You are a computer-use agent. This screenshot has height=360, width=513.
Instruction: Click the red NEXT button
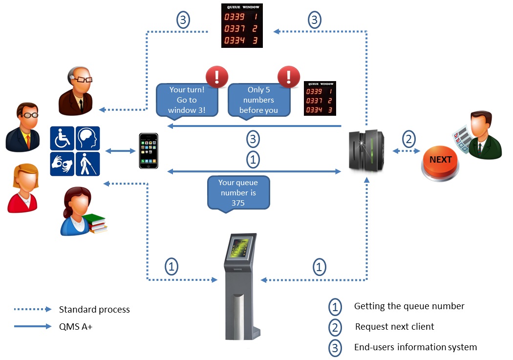click(x=440, y=160)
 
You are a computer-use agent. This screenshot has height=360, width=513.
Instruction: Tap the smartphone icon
click(x=148, y=151)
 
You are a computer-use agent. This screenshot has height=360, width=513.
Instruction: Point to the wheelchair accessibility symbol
click(x=62, y=138)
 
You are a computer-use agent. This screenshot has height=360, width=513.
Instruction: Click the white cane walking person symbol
click(x=88, y=164)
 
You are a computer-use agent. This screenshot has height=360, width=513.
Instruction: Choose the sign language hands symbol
click(x=62, y=164)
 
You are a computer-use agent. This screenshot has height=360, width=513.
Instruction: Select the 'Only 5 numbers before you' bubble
click(x=258, y=100)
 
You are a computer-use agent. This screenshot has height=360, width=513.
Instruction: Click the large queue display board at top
click(x=242, y=26)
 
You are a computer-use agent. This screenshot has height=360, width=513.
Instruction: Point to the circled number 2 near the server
click(x=409, y=139)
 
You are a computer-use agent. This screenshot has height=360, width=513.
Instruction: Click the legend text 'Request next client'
click(x=394, y=327)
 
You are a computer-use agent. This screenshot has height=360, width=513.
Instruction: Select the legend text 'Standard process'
click(x=94, y=310)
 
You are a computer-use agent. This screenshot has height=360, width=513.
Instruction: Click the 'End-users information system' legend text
click(x=415, y=347)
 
